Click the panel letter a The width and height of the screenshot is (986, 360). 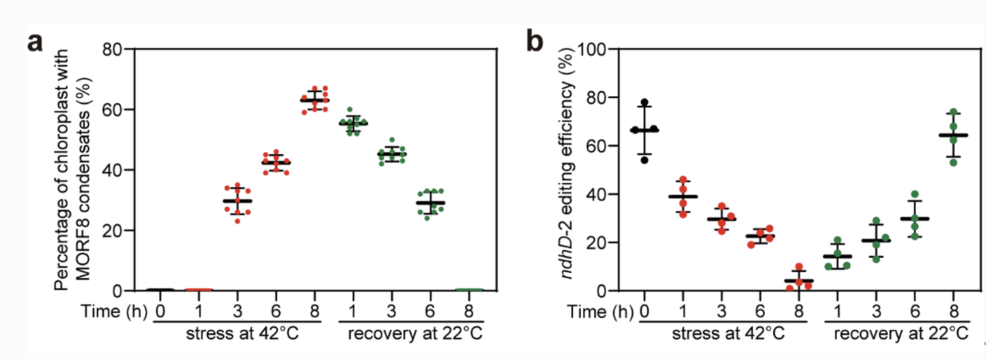tap(35, 42)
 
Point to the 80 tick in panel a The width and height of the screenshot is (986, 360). tap(111, 49)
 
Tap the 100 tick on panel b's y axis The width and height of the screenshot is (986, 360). tap(592, 50)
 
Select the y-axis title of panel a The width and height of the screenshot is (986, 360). tap(73, 170)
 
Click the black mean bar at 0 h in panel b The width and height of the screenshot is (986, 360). tap(644, 131)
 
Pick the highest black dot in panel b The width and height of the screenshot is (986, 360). tap(644, 102)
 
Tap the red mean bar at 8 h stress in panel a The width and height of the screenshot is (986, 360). tap(315, 100)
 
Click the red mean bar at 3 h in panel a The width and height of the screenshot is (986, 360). tap(237, 201)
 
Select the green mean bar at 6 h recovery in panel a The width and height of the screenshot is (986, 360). tap(430, 203)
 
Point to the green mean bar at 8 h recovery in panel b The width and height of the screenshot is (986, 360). tap(953, 135)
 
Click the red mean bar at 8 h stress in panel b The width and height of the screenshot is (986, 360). tap(798, 280)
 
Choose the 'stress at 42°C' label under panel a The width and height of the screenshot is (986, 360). tap(242, 334)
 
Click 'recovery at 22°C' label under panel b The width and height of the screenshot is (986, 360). tap(901, 334)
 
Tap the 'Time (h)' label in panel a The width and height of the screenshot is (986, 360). tap(114, 312)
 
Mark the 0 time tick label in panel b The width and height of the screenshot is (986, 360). tap(644, 312)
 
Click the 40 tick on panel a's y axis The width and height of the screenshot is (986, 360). tap(111, 170)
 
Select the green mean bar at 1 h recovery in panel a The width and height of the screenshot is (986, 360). tap(353, 124)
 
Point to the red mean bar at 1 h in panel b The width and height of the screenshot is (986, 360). tap(683, 196)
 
